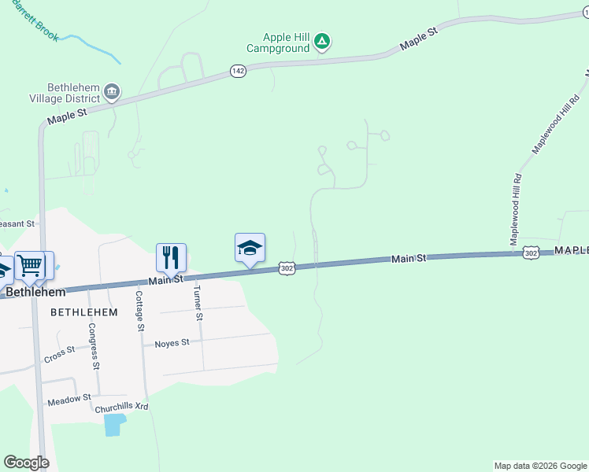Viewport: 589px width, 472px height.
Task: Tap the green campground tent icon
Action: pyautogui.click(x=321, y=41)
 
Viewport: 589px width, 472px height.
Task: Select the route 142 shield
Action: pyautogui.click(x=239, y=71)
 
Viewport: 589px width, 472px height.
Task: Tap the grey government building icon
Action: pyautogui.click(x=112, y=93)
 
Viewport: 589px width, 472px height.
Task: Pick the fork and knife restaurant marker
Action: pyautogui.click(x=171, y=256)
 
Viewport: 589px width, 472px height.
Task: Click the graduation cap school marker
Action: pyautogui.click(x=250, y=249)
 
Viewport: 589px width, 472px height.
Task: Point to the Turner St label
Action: pyautogui.click(x=198, y=302)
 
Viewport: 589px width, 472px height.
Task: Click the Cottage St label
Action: pyautogui.click(x=140, y=310)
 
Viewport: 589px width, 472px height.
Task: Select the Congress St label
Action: pyautogui.click(x=94, y=345)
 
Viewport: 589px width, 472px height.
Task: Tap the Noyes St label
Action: pyautogui.click(x=172, y=343)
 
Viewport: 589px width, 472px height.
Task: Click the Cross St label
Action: pyautogui.click(x=59, y=354)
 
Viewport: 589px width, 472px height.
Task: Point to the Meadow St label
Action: pyautogui.click(x=69, y=400)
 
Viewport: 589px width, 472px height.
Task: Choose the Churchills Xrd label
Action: pyautogui.click(x=121, y=407)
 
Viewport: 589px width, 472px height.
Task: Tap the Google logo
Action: pyautogui.click(x=26, y=462)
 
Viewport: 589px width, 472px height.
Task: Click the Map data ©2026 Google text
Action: pyautogui.click(x=539, y=466)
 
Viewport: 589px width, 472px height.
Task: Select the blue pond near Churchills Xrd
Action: pyautogui.click(x=114, y=425)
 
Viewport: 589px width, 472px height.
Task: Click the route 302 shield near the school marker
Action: pyautogui.click(x=287, y=268)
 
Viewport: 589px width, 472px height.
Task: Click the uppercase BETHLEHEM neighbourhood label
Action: pyautogui.click(x=84, y=312)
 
